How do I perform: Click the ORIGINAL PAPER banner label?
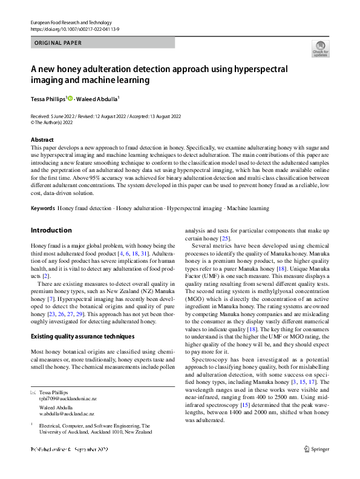click(x=57, y=43)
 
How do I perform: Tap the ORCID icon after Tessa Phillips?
click(x=70, y=99)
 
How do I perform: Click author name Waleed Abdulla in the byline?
click(x=100, y=99)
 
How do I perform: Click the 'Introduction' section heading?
click(x=51, y=230)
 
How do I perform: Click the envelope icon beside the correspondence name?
click(x=33, y=392)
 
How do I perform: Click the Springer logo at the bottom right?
click(x=316, y=449)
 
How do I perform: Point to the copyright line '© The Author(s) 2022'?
click(x=57, y=122)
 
